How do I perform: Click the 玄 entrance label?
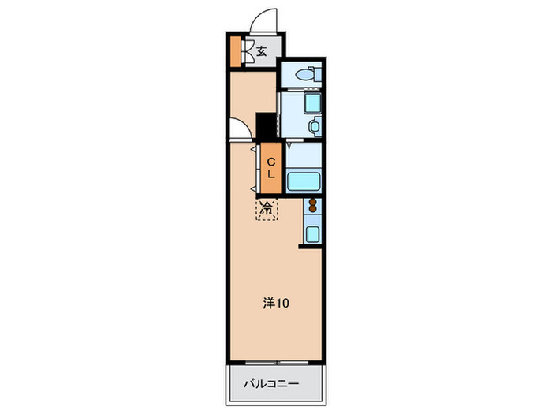click(x=260, y=52)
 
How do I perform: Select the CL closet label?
click(x=270, y=169)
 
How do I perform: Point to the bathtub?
click(x=303, y=182)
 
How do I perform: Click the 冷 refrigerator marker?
click(x=267, y=210)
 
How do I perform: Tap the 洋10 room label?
click(x=275, y=303)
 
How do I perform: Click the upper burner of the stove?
click(x=312, y=203)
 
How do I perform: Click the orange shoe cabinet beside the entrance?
click(x=235, y=52)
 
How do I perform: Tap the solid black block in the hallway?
click(x=267, y=125)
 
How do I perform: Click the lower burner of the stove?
click(x=312, y=211)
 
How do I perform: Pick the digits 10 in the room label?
click(x=282, y=303)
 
